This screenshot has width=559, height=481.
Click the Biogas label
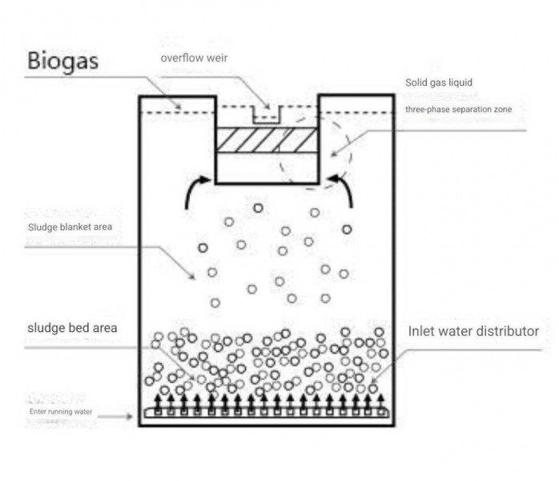click(62, 62)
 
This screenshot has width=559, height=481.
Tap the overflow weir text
click(194, 58)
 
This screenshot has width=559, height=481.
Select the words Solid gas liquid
click(439, 83)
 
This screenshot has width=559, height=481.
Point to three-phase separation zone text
click(458, 109)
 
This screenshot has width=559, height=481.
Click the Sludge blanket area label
click(70, 227)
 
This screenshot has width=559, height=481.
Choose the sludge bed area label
click(72, 328)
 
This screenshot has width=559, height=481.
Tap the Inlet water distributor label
click(473, 331)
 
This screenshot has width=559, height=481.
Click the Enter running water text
click(61, 411)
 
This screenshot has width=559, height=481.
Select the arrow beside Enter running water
click(115, 416)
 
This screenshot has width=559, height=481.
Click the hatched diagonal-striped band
click(267, 139)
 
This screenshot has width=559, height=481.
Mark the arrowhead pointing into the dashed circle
click(334, 154)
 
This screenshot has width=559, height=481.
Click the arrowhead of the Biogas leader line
click(179, 106)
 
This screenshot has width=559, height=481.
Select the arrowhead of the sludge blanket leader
click(191, 276)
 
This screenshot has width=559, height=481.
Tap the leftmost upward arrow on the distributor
click(158, 402)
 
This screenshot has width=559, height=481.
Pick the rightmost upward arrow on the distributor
click(380, 402)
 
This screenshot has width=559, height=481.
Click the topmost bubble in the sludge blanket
click(258, 208)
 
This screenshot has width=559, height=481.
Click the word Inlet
click(420, 331)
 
